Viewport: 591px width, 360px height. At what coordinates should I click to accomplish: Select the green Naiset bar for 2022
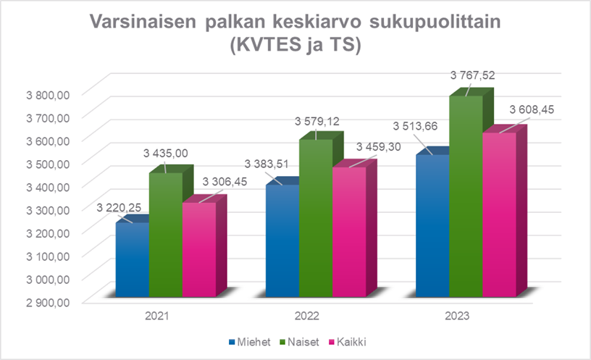pos(315,217)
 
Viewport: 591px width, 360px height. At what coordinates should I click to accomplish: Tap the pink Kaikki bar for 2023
pos(498,214)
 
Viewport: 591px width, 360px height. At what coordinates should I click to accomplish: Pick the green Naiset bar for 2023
pos(466,196)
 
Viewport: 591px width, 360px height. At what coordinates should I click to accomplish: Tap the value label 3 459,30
pos(380,147)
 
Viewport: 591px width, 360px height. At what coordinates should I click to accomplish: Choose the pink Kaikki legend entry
pos(344,341)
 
